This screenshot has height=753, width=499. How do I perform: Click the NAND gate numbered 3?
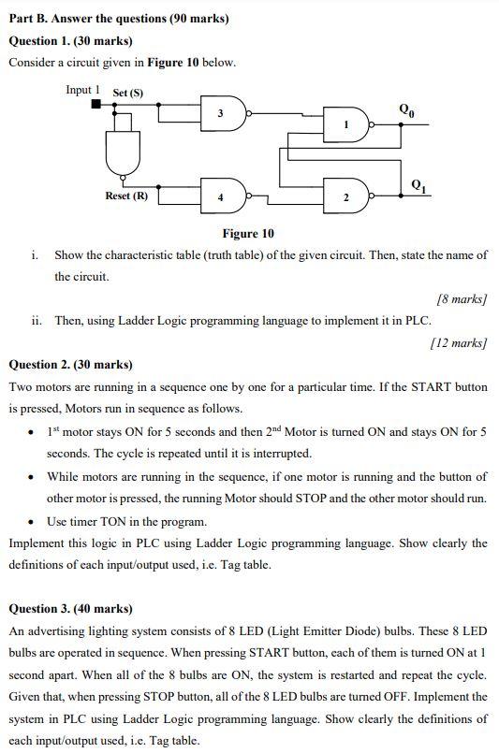[227, 113]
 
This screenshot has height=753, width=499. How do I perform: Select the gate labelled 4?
[227, 198]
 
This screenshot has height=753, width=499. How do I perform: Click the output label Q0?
[405, 109]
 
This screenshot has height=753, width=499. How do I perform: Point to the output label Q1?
[418, 185]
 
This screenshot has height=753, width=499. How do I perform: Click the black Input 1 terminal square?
[95, 104]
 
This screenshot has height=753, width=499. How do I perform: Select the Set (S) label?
[128, 93]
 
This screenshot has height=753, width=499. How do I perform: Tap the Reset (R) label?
[125, 196]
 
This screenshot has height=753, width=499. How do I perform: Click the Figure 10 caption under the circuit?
[248, 234]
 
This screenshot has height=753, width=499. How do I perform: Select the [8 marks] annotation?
[462, 299]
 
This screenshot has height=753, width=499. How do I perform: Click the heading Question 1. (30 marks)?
[70, 41]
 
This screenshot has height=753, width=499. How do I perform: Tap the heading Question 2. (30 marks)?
[70, 364]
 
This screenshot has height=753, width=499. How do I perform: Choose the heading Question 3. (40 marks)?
[70, 608]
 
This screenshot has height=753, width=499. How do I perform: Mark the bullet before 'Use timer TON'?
[33, 522]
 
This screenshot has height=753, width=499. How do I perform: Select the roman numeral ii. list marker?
[36, 321]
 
